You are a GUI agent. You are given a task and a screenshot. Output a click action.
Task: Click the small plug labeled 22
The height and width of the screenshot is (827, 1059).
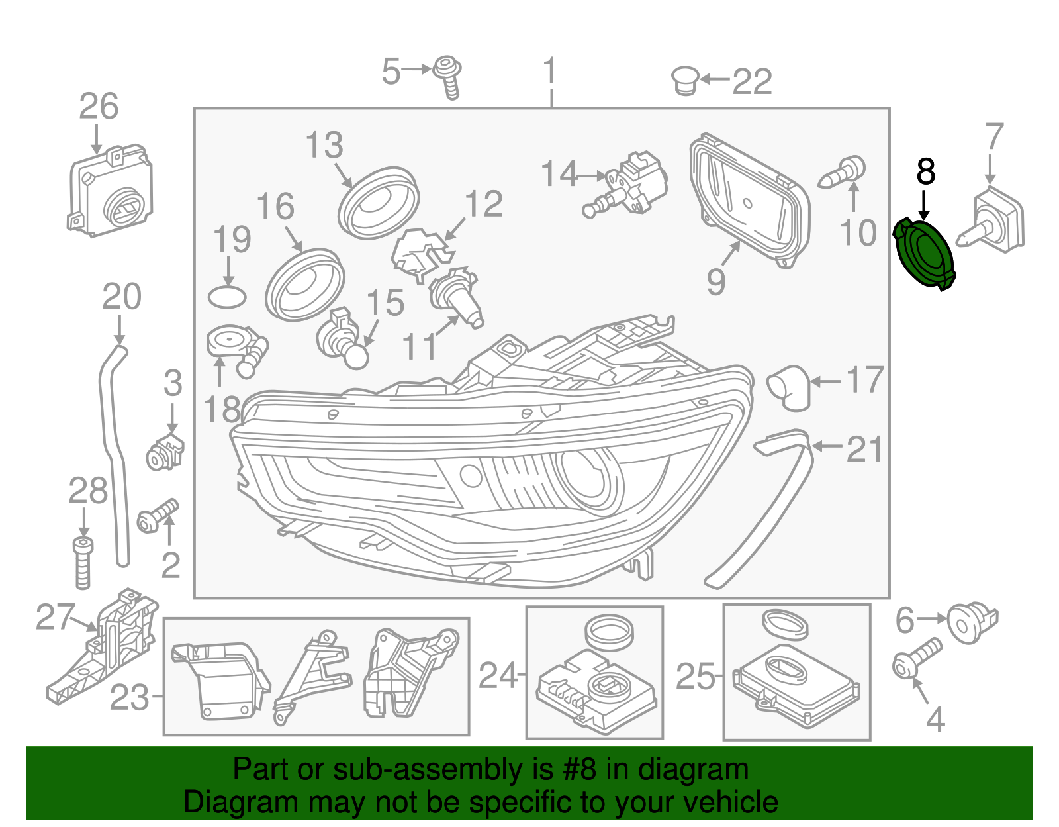pyautogui.click(x=685, y=81)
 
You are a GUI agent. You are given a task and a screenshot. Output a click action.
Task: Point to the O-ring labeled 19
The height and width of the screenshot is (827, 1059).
pyautogui.click(x=227, y=297)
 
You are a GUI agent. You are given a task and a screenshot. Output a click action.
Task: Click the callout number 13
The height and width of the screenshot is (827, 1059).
pyautogui.click(x=324, y=145)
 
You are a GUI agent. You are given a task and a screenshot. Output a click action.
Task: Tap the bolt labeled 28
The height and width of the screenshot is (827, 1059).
pyautogui.click(x=83, y=562)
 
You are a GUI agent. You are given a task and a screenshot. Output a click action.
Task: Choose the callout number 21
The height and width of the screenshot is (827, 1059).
pyautogui.click(x=864, y=450)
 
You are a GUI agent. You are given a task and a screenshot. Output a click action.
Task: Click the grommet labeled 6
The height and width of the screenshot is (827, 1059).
pyautogui.click(x=970, y=622)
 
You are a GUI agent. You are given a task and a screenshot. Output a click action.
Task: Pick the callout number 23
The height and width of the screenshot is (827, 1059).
pyautogui.click(x=129, y=697)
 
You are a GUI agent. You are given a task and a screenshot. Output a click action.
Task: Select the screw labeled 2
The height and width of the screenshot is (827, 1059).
pyautogui.click(x=158, y=516)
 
